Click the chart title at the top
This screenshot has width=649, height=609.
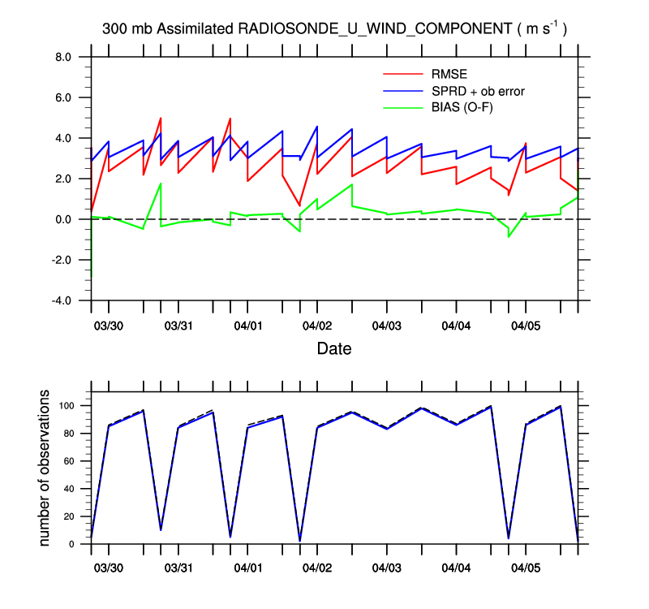click(x=334, y=28)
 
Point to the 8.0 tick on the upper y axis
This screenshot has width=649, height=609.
click(x=62, y=57)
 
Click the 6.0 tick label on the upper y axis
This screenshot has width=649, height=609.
click(x=62, y=97)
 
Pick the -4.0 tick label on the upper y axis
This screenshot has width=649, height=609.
click(x=61, y=300)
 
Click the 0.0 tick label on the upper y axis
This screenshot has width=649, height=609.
click(x=62, y=219)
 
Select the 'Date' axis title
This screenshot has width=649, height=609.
click(x=334, y=349)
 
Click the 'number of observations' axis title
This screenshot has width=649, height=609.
click(x=46, y=468)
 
